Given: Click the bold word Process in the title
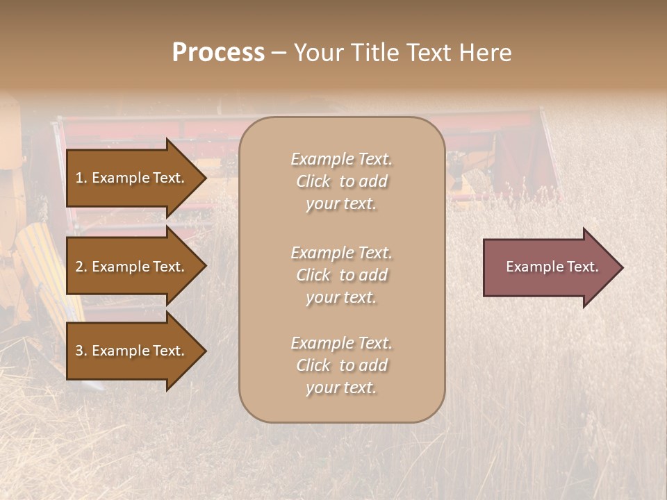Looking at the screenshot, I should click(218, 53).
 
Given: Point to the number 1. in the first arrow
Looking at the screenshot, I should click(81, 178).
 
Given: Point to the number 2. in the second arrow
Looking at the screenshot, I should click(81, 267).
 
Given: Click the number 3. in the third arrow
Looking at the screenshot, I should click(81, 351).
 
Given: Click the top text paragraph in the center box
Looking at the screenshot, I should click(341, 181).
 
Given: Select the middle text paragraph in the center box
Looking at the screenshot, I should click(341, 275).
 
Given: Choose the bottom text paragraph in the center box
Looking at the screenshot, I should click(341, 365).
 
